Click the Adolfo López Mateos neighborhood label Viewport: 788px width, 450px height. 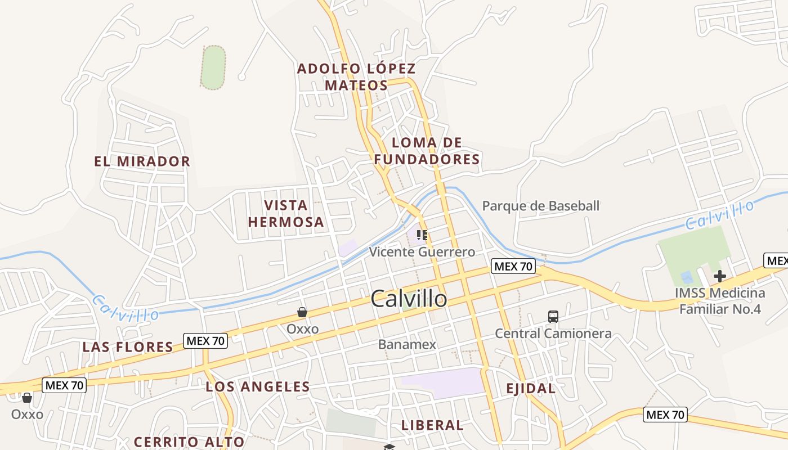356,77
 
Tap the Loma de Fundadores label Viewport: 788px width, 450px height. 427,151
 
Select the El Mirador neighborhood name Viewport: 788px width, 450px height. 142,161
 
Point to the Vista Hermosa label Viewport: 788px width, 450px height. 286,213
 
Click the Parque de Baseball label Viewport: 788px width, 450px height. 541,206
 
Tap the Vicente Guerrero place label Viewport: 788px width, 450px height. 422,251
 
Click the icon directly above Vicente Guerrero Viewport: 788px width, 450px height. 422,235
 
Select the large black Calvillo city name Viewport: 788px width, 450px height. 409,299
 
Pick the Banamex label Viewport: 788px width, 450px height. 407,344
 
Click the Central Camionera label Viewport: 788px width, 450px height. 553,334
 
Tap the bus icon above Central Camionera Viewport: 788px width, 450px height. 553,317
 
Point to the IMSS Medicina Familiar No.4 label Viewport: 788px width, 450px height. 720,301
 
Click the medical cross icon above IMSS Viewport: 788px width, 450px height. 719,276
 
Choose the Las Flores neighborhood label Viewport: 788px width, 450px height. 128,346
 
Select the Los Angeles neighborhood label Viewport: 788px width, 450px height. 257,386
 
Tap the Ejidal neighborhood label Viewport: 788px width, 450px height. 530,388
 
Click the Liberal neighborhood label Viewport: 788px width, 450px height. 432,425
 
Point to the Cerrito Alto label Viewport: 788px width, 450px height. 189,442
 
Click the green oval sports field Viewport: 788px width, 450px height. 213,67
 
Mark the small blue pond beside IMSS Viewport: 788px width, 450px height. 686,277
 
